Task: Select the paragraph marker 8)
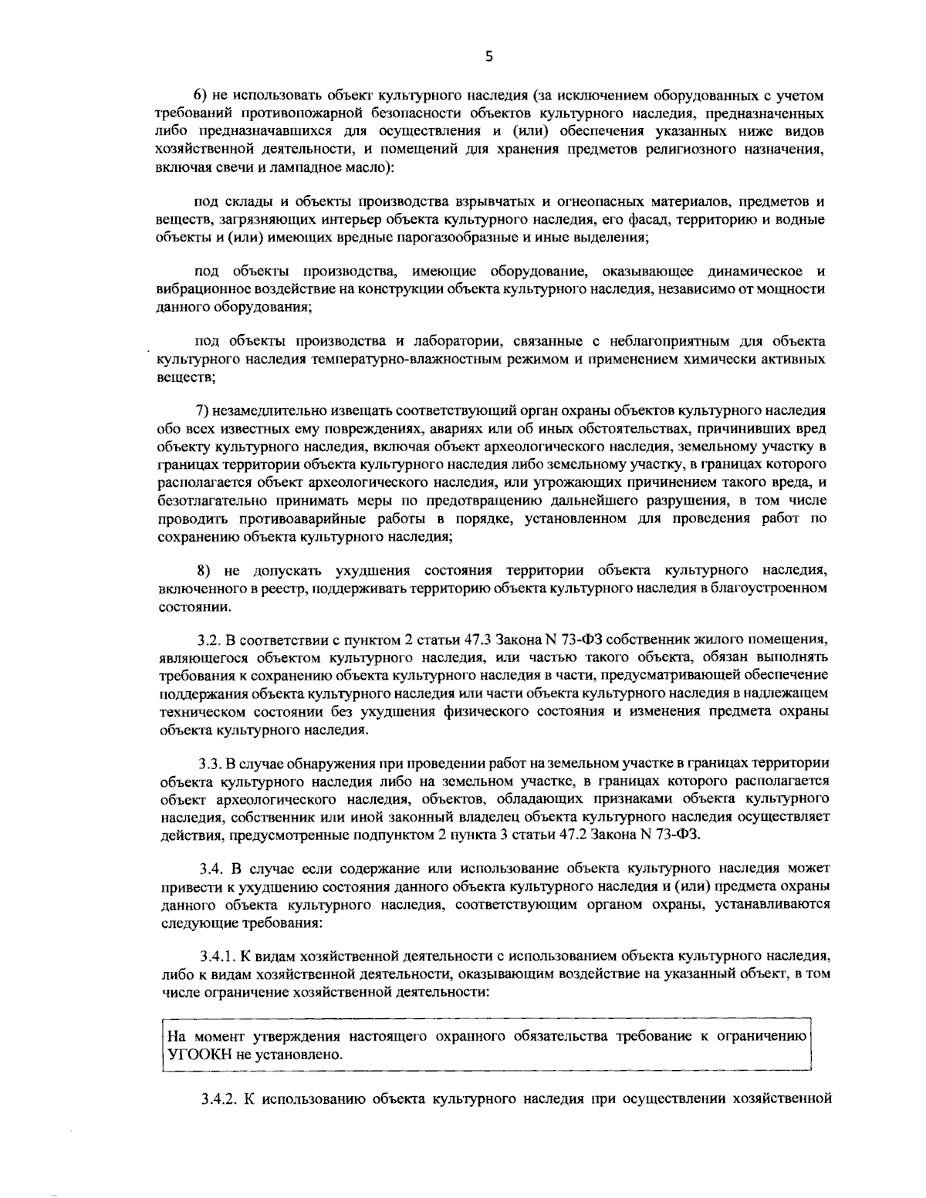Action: (x=203, y=572)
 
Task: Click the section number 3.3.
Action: (x=209, y=764)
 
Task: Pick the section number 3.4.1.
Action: (x=215, y=957)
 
